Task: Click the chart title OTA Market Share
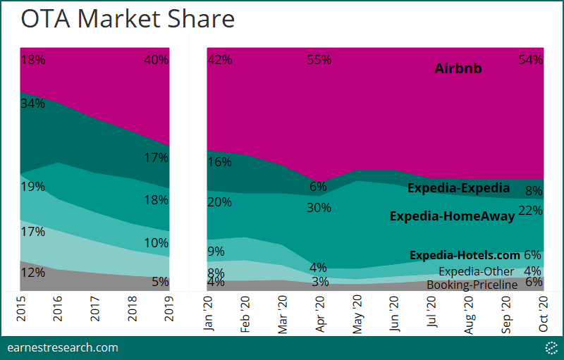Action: [128, 19]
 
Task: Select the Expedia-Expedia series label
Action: [458, 188]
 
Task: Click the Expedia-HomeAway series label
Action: [453, 216]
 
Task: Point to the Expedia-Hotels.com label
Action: [465, 255]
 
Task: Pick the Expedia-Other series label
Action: [479, 271]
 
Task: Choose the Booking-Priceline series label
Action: [472, 285]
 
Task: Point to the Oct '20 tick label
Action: [543, 314]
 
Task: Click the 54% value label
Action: [530, 60]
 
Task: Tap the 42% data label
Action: [220, 60]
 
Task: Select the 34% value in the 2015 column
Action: [32, 104]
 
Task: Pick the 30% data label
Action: [319, 208]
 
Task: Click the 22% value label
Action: [530, 211]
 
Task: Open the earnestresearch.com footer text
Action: [62, 347]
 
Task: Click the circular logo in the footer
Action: [551, 347]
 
